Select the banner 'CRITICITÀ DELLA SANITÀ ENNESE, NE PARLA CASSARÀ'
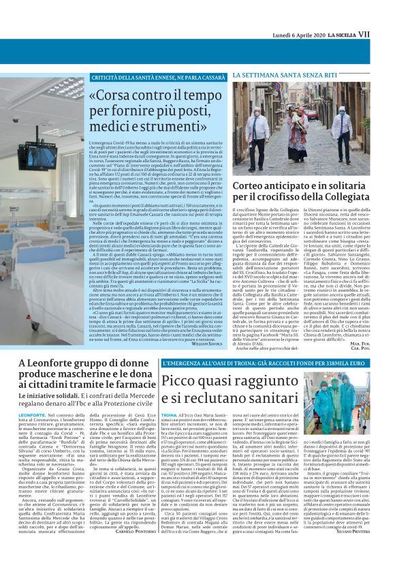(159, 78)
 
